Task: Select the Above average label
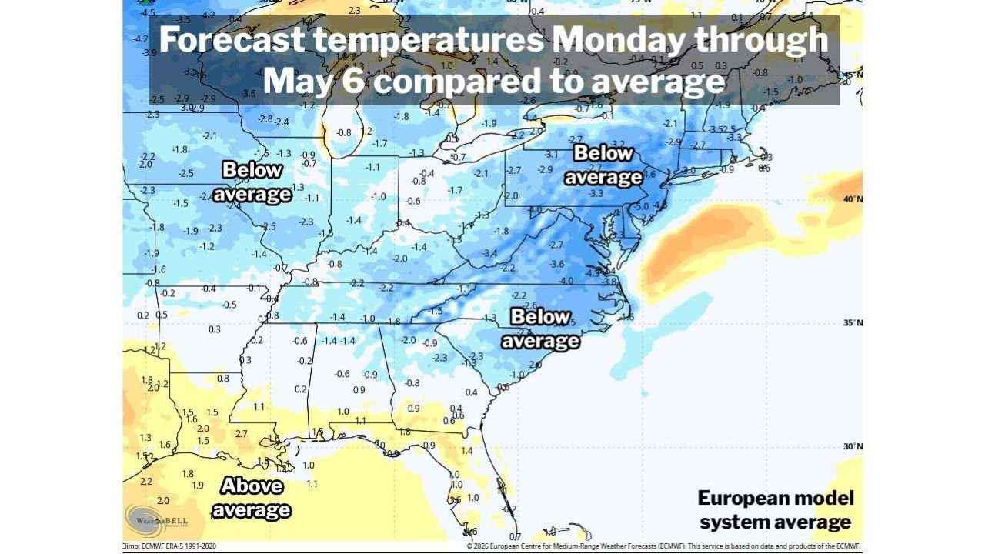[x=252, y=498]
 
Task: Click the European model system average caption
[x=775, y=509]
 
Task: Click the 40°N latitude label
[x=852, y=199]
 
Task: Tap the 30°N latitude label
[x=852, y=446]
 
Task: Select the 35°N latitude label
[x=852, y=322]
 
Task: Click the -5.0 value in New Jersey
[x=640, y=207]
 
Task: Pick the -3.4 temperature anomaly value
[x=489, y=253]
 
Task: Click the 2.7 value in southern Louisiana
[x=242, y=434]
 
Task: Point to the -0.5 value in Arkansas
[x=229, y=305]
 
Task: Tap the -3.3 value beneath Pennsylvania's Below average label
[x=595, y=194]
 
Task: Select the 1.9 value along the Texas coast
[x=198, y=486]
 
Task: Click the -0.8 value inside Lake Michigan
[x=344, y=132]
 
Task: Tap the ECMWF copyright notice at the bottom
[x=663, y=546]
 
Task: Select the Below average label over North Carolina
[x=540, y=329]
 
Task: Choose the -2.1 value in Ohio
[x=481, y=174]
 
